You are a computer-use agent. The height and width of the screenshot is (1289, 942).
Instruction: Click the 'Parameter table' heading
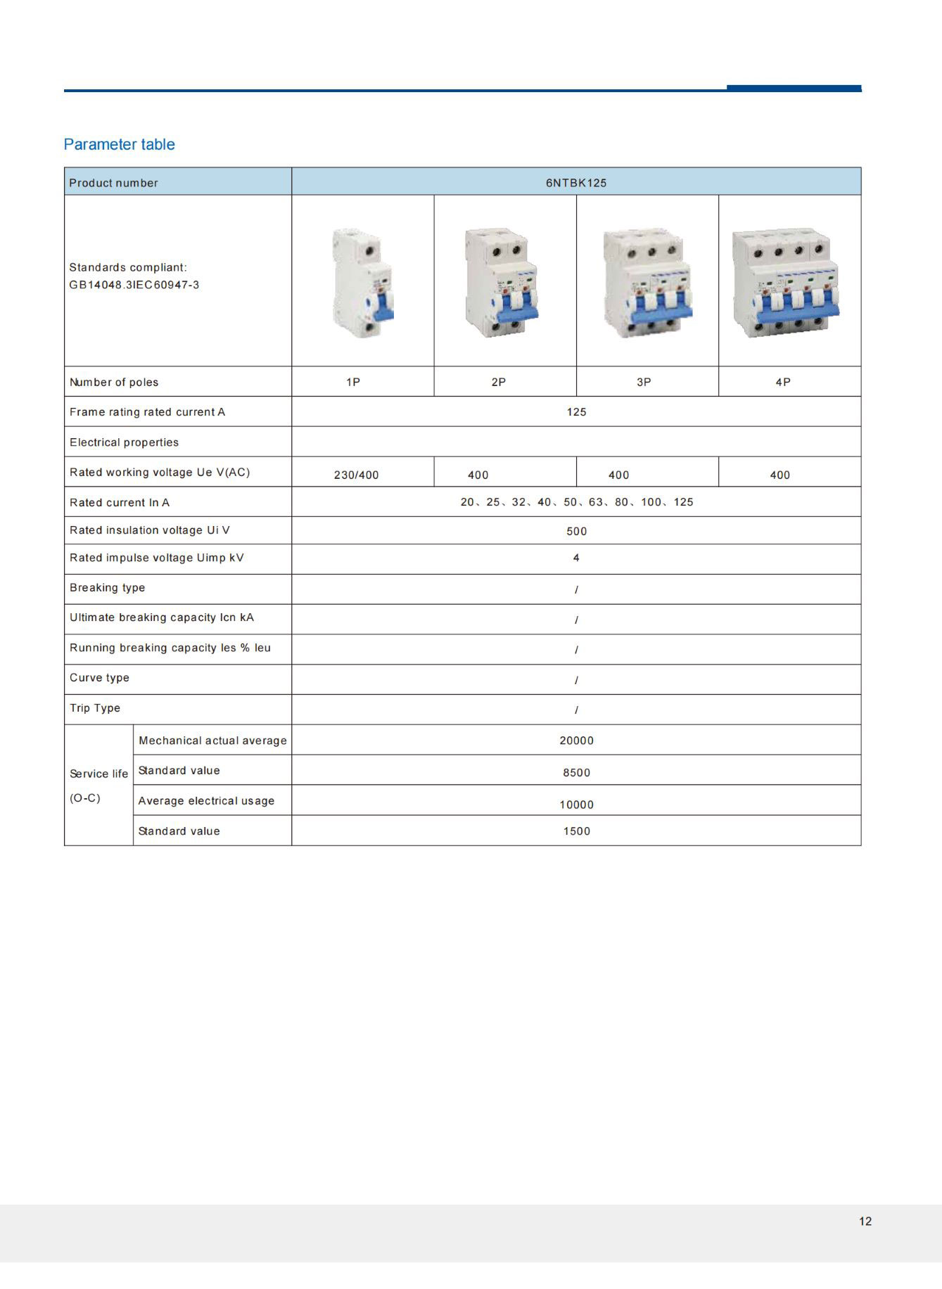pyautogui.click(x=119, y=144)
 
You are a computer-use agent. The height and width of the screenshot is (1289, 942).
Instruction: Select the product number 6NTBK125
pyautogui.click(x=575, y=183)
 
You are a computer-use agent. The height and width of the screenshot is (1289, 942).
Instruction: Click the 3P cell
pyautogui.click(x=644, y=382)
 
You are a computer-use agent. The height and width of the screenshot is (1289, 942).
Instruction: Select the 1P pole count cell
pyautogui.click(x=353, y=382)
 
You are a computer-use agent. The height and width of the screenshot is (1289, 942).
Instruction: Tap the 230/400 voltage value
pyautogui.click(x=356, y=475)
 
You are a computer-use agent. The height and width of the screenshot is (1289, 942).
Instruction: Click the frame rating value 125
pyautogui.click(x=576, y=412)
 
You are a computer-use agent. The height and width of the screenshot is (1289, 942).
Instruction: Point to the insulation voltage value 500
pyautogui.click(x=576, y=532)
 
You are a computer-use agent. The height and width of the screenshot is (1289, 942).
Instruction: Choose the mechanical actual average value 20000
pyautogui.click(x=576, y=740)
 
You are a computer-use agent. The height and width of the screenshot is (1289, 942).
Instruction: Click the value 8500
pyautogui.click(x=576, y=773)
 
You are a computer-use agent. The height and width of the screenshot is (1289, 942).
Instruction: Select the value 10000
pyautogui.click(x=576, y=804)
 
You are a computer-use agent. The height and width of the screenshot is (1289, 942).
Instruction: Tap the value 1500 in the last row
pyautogui.click(x=576, y=831)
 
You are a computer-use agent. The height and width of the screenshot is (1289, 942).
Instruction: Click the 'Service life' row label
pyautogui.click(x=98, y=774)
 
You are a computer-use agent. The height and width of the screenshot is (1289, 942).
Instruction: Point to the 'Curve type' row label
pyautogui.click(x=99, y=678)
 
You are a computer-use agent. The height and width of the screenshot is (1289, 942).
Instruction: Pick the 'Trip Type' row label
pyautogui.click(x=95, y=708)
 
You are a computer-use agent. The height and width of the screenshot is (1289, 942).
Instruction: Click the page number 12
pyautogui.click(x=865, y=1221)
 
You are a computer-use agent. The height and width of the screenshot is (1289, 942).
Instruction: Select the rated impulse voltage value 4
pyautogui.click(x=576, y=558)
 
